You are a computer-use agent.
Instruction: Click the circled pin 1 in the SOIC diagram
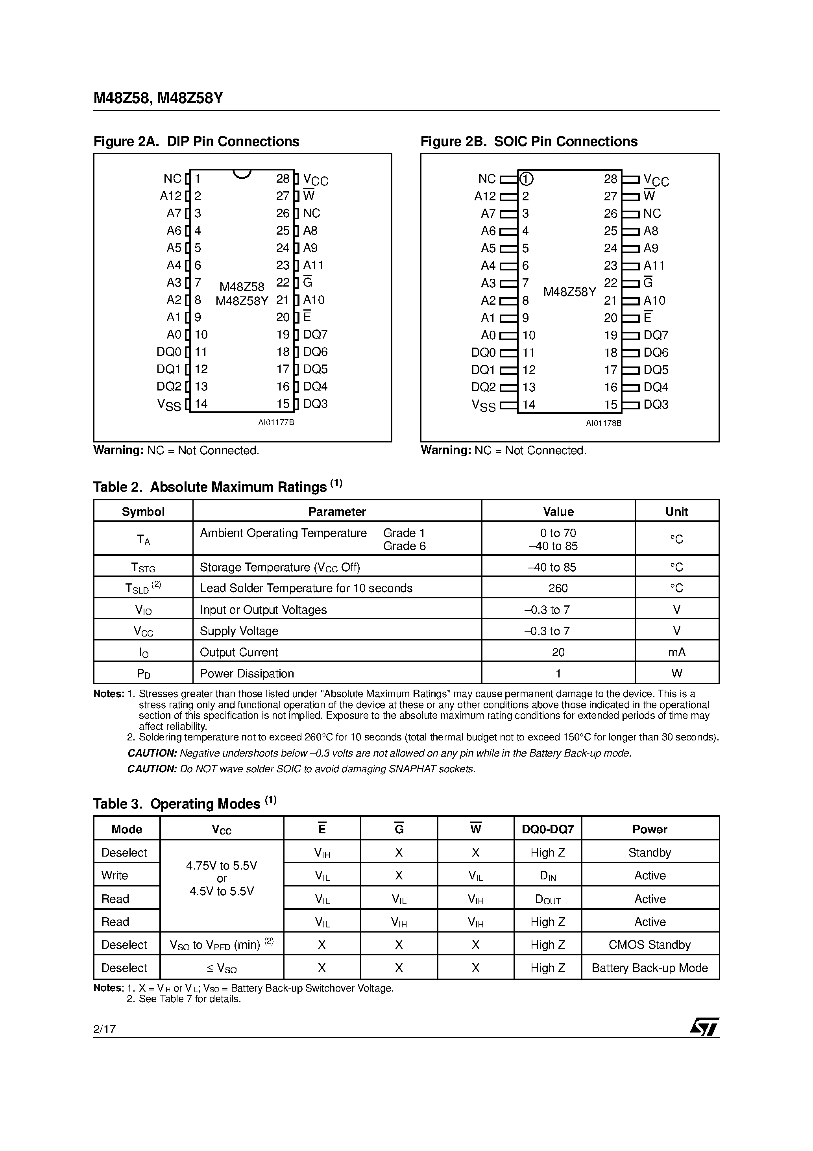(526, 179)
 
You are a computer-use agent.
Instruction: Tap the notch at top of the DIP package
(242, 174)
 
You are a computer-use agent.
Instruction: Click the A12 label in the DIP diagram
(170, 196)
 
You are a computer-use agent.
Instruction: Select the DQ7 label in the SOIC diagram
(656, 335)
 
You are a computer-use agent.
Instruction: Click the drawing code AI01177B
(276, 423)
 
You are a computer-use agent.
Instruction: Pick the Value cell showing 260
(558, 588)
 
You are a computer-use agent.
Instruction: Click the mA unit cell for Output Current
(677, 652)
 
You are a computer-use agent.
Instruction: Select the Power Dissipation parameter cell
(247, 673)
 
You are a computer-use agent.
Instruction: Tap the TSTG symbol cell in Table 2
(143, 568)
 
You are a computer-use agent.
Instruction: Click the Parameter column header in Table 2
(337, 511)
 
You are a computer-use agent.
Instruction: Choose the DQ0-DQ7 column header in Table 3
(547, 829)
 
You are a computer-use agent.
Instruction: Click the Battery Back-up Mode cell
(650, 968)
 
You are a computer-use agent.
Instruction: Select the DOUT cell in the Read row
(547, 899)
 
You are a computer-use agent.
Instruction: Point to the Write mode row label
(115, 875)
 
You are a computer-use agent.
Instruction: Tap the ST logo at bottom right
(704, 1027)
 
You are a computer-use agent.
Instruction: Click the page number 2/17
(104, 1029)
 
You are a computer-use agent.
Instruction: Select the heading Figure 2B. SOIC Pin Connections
(529, 141)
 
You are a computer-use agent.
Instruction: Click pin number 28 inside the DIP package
(283, 179)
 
